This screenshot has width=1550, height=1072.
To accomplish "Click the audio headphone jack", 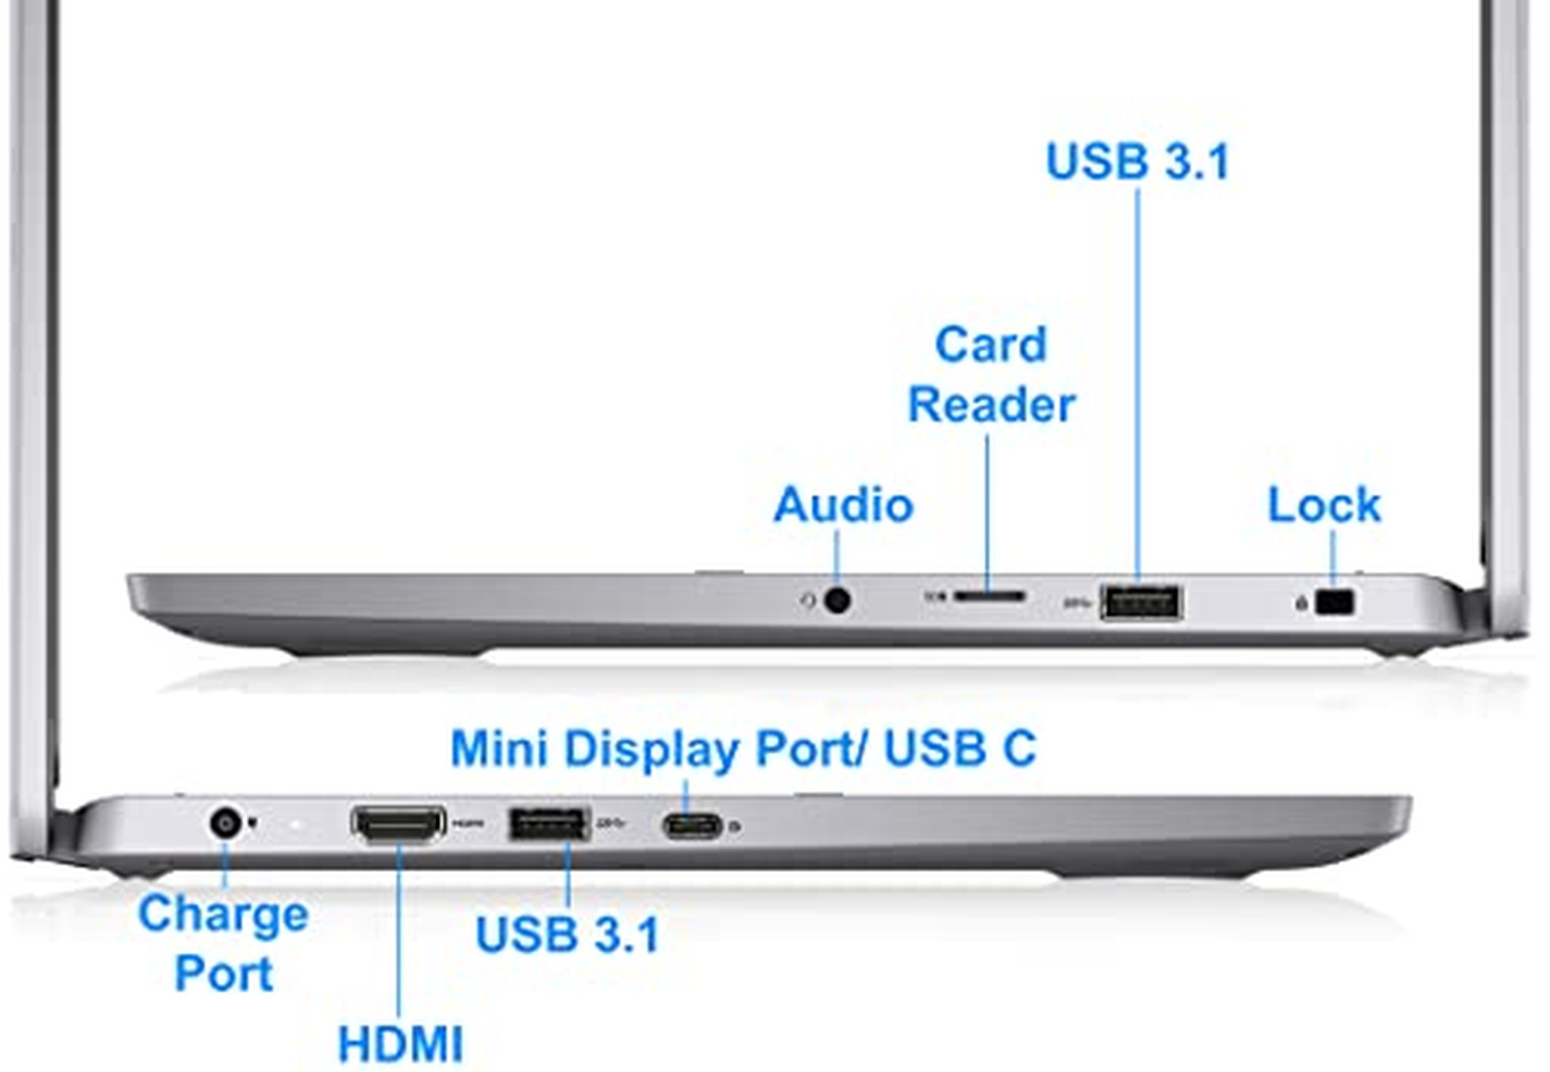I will tap(837, 599).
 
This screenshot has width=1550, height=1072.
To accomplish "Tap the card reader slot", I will tap(989, 595).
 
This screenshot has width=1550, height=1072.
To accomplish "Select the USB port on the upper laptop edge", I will tap(1141, 601).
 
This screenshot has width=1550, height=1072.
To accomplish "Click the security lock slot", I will tap(1336, 602).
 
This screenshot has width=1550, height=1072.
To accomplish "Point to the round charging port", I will tap(224, 822).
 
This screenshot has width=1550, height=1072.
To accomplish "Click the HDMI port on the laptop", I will tap(399, 824).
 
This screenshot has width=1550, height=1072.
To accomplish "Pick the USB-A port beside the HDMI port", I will tap(548, 823).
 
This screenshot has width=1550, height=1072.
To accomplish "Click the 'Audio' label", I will tap(843, 505).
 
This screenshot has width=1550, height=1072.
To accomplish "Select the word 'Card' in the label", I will tap(990, 345).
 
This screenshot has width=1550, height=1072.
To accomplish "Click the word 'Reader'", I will tap(991, 405).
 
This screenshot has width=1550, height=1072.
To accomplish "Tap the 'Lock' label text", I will tap(1324, 505).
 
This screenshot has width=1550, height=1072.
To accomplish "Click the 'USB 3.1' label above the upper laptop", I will tap(1138, 162).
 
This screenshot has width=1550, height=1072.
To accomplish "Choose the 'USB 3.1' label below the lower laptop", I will tap(568, 934).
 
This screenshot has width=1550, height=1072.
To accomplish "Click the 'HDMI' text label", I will tap(400, 1043).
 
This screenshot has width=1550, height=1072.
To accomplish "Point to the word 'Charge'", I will tap(223, 915).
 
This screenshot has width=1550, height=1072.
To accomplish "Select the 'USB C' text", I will tap(959, 749).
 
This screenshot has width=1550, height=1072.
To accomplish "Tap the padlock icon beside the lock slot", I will tap(1302, 604).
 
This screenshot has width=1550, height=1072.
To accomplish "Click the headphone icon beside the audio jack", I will tap(808, 600).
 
